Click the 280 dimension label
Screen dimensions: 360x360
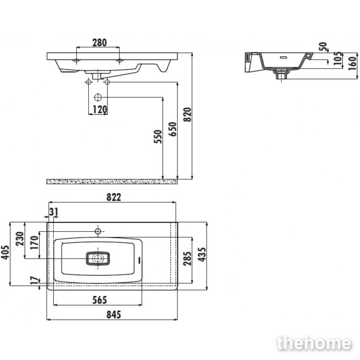coord(100,42)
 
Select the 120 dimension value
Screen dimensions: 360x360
coord(100,110)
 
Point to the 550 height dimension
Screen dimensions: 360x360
coord(158,137)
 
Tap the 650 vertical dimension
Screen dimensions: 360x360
coord(172,129)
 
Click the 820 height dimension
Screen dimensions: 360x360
coord(187,114)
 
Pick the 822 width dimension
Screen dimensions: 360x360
coord(114,197)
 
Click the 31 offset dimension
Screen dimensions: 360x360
coord(54,212)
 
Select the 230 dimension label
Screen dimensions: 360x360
coord(20,239)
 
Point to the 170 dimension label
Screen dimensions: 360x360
coord(35,242)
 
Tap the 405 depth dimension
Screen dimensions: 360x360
coord(5,252)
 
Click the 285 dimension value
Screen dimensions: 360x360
coord(187,258)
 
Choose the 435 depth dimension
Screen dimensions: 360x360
coord(202,255)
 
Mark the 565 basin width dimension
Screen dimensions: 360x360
coord(100,300)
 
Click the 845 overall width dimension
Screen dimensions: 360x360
coord(114,315)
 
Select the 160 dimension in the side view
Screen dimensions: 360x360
coord(352,63)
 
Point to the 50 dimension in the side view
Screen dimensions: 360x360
coord(323,47)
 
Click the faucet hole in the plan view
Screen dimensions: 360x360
coord(98,231)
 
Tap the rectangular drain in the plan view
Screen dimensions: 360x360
coord(98,258)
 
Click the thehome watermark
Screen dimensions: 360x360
coord(314,343)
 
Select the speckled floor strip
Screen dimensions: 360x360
coord(112,182)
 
